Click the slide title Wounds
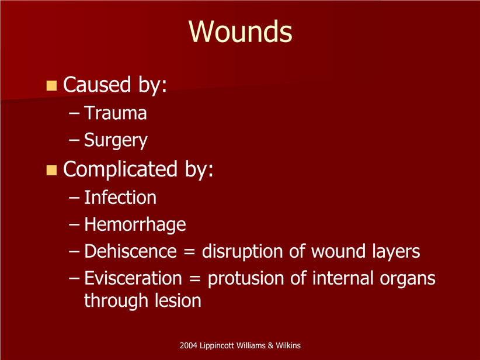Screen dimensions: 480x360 coord(241,32)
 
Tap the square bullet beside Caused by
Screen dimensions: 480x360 coord(51,86)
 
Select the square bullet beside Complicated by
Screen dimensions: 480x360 coord(51,170)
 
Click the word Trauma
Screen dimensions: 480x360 coord(116,113)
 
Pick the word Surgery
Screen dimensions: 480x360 coord(116,141)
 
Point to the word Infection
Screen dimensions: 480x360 coord(120,198)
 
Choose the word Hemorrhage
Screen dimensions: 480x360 coord(135,224)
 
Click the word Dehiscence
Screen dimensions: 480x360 coord(131,251)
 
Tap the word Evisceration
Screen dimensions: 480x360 coord(133,278)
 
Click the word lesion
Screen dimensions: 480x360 coord(178,300)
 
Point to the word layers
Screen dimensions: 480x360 coord(396,252)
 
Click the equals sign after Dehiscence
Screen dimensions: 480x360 coord(190,252)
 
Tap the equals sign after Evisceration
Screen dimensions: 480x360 coord(194,279)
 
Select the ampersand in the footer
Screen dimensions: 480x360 coord(270,345)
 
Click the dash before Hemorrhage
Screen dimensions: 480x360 coord(74,224)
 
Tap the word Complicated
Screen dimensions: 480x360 coord(120,169)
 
